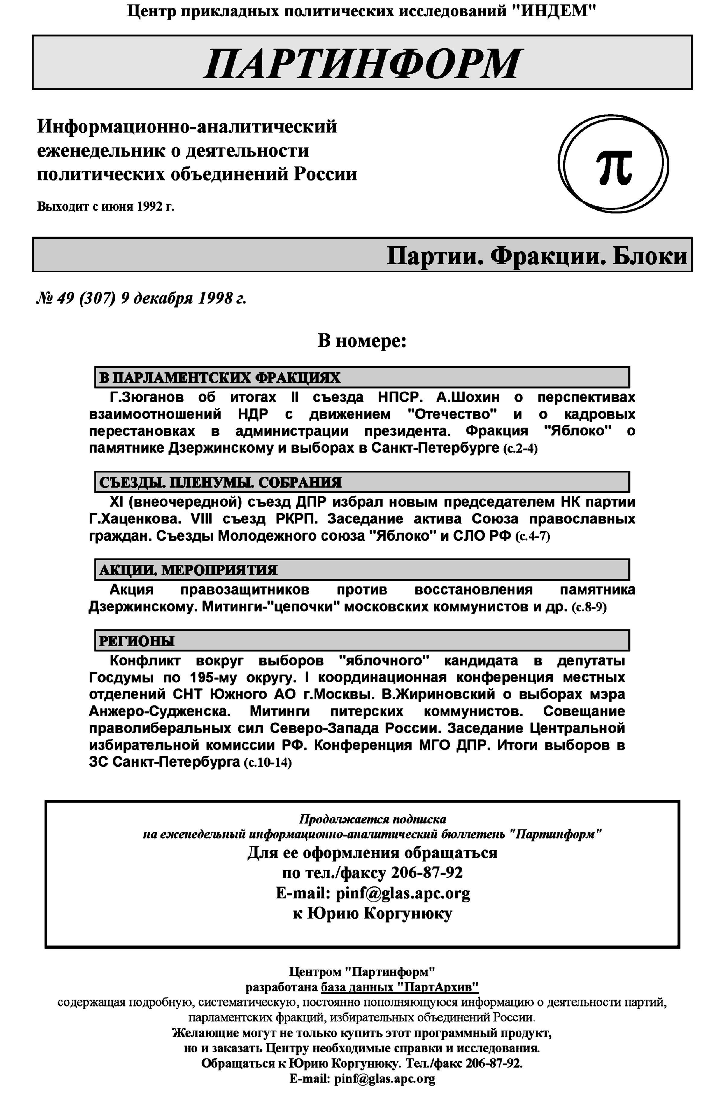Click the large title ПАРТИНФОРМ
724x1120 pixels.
362,63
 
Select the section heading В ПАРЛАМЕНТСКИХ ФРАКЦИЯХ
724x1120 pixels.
220,377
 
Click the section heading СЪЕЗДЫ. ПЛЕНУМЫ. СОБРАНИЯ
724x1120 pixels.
221,482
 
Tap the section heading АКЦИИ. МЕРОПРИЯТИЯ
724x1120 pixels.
188,570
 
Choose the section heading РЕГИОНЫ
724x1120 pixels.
137,641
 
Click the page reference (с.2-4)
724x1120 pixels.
520,449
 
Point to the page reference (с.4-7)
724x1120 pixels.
533,536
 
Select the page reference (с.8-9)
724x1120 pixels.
589,607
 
